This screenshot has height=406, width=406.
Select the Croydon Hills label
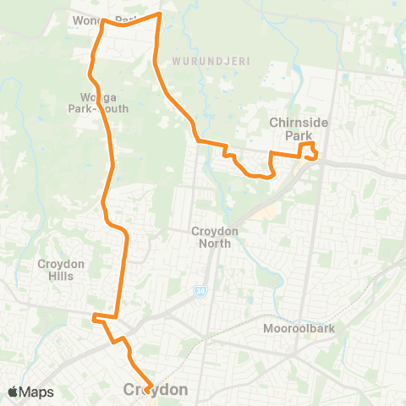[x=61, y=270]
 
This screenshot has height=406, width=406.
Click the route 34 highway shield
[x=200, y=291]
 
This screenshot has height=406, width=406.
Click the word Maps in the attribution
[x=37, y=392]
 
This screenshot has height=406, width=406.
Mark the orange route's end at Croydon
[x=149, y=389]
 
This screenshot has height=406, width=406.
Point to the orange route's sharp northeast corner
[x=160, y=14]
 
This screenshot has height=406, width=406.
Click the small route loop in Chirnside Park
[x=310, y=151]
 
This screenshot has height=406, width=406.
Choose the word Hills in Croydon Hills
[x=61, y=276]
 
